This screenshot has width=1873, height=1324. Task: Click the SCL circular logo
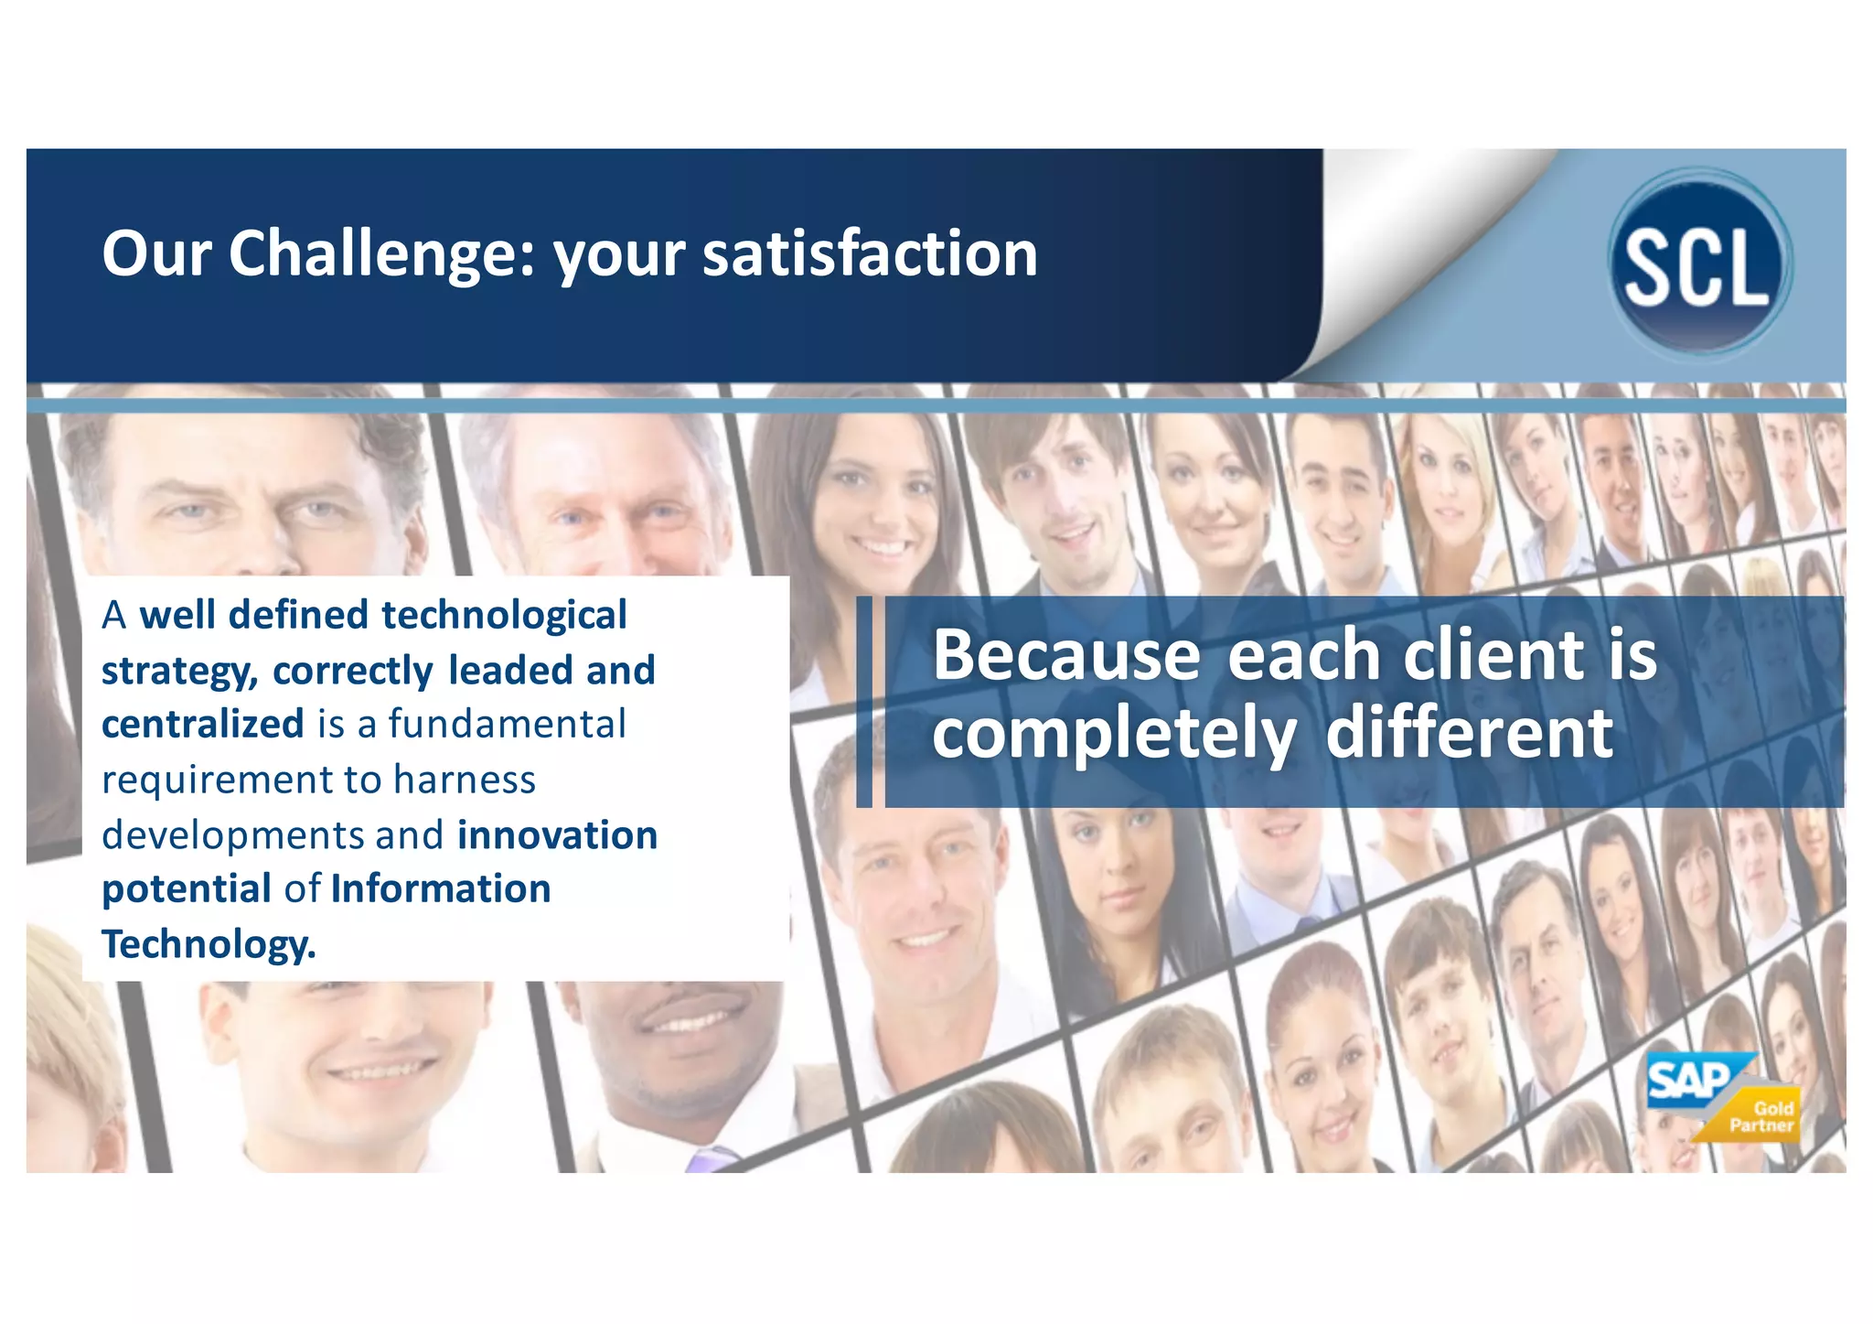[1699, 263]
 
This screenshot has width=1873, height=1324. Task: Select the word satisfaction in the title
[870, 253]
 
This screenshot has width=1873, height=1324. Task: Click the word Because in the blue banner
[1065, 655]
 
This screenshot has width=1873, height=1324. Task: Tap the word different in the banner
[1469, 734]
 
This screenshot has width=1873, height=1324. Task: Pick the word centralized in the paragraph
[202, 725]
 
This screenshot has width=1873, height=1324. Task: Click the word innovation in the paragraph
[557, 835]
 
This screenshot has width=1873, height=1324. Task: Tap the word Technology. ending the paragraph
[209, 944]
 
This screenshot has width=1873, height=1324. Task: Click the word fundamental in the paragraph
[507, 725]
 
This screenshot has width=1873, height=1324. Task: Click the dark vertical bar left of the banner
[864, 702]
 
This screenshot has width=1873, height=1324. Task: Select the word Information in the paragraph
[440, 889]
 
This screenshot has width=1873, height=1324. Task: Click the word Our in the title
[156, 253]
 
